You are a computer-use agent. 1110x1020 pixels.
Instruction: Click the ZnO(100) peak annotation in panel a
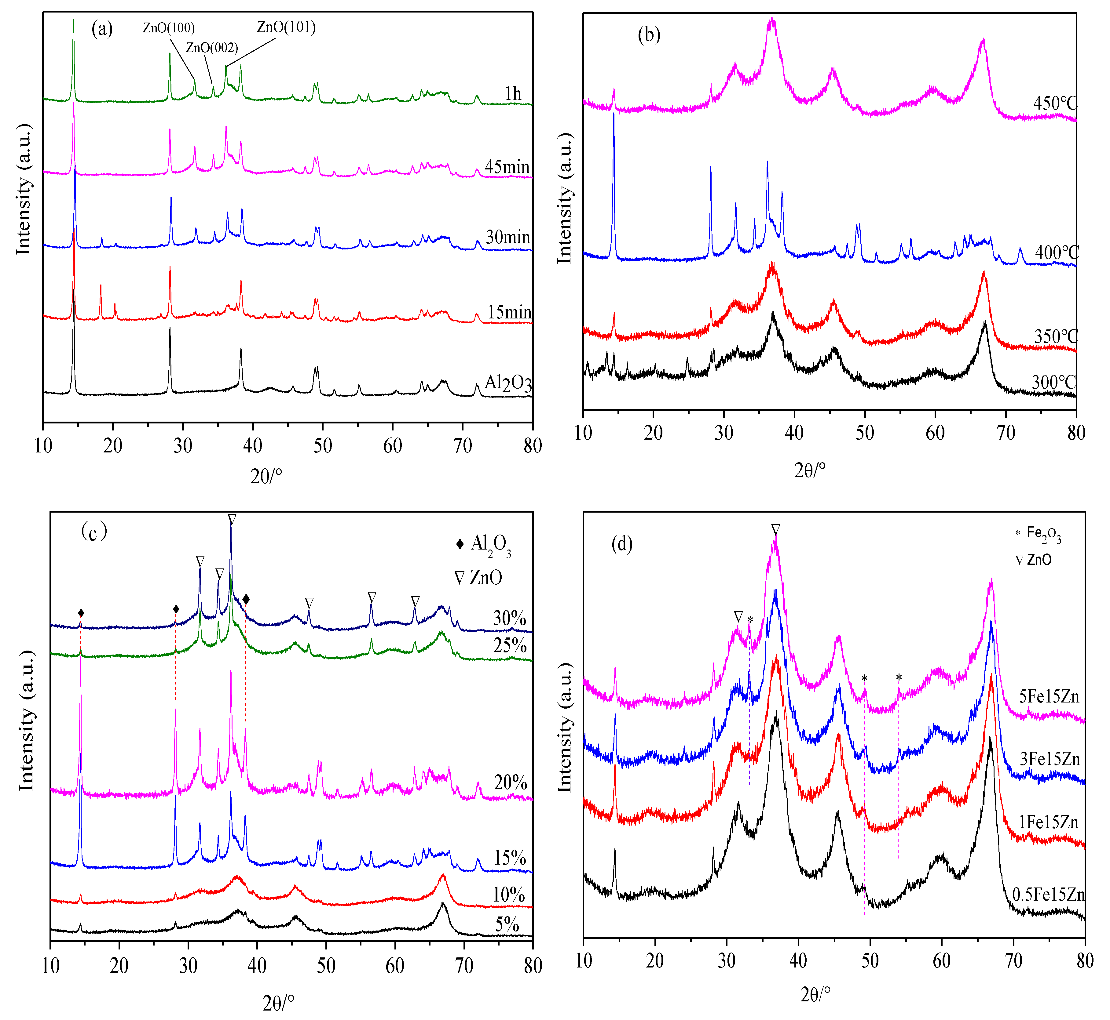tap(168, 27)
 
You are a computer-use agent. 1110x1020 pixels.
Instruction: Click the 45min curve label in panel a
tap(507, 167)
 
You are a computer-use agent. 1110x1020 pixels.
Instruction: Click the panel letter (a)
tap(102, 29)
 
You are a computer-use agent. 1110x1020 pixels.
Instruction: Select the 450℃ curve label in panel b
tap(1055, 103)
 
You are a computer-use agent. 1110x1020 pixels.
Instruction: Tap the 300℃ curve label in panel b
tap(1054, 382)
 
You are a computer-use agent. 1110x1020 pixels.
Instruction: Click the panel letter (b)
tap(649, 35)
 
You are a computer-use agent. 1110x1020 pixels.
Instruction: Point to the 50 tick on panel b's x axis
tap(865, 433)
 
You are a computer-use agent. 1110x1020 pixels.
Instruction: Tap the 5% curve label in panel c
tap(507, 924)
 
